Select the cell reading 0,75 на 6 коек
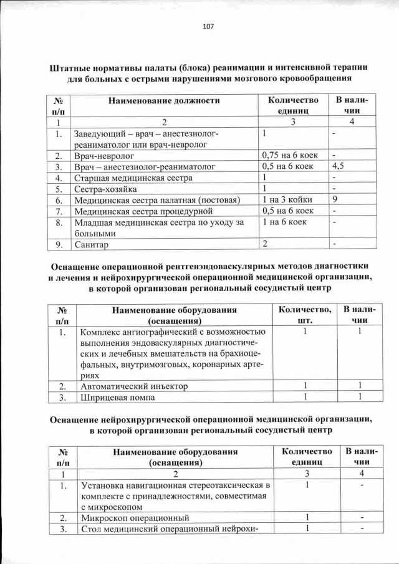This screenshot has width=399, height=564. [287, 155]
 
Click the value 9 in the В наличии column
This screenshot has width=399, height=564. [335, 199]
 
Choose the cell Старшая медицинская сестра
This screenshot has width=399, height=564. [133, 178]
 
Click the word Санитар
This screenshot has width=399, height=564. [91, 245]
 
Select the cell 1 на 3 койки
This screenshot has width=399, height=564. [287, 199]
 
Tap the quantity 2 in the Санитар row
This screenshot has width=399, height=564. [265, 243]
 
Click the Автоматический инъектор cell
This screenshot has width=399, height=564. [134, 386]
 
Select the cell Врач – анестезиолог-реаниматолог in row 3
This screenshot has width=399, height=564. [144, 166]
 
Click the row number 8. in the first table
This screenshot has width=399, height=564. [57, 222]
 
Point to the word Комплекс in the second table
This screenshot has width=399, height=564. [103, 332]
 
